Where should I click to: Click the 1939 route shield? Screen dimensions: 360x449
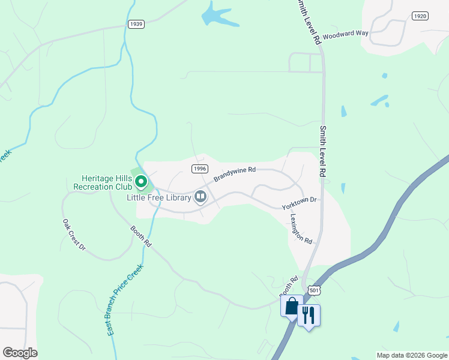[x=136, y=24]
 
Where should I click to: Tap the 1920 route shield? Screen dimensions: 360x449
[x=420, y=16]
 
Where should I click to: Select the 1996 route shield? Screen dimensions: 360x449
[x=200, y=169]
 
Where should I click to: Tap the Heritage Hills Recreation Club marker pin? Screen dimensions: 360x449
[x=141, y=180]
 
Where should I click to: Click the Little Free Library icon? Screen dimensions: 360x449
[x=200, y=196]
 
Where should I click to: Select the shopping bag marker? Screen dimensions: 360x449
[x=292, y=307]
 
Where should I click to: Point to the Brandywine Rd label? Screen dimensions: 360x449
[x=235, y=175]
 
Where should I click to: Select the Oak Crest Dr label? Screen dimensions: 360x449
[x=74, y=235]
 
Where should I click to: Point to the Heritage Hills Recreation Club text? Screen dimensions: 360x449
[x=103, y=182]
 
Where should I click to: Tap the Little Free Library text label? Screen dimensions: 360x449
[x=158, y=197]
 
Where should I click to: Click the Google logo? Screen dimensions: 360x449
[x=20, y=353]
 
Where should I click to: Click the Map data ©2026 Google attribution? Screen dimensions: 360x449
[x=412, y=355]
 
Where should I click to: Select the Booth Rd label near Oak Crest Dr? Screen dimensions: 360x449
[x=141, y=236]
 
